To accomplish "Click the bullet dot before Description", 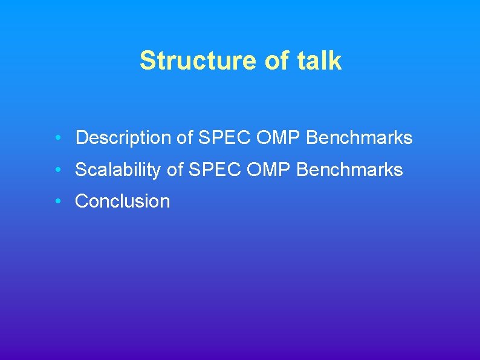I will tap(56, 138).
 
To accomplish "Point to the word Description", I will tap(124, 138).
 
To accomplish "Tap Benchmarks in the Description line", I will tap(360, 138).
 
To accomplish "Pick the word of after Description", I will tap(184, 138).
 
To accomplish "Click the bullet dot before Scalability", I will tap(56, 170).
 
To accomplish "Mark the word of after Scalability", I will tap(175, 170).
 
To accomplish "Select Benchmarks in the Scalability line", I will tap(350, 170).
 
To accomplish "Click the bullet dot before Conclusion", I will tap(56, 201).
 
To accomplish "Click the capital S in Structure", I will tap(146, 61).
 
